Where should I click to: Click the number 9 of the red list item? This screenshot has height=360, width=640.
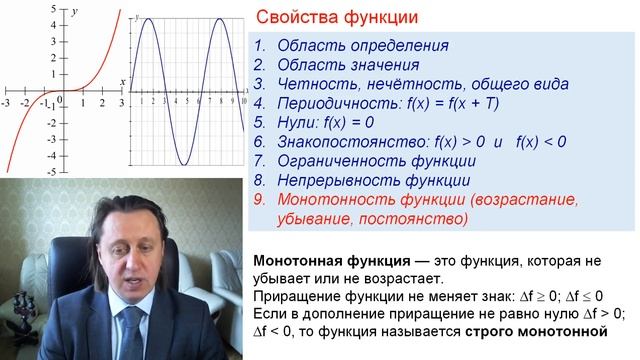[258, 200]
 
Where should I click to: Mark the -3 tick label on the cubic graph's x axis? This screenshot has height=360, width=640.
[6, 103]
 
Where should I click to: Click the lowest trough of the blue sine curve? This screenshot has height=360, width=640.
[185, 163]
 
